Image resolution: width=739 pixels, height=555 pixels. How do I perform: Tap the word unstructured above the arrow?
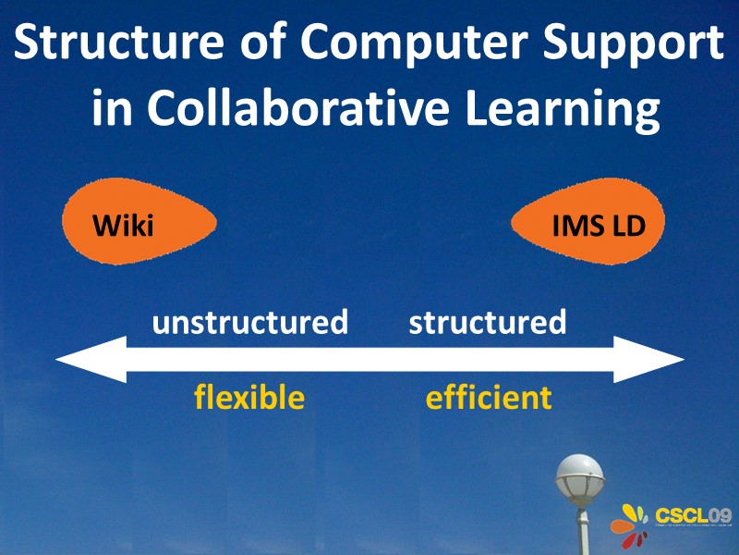coord(249,323)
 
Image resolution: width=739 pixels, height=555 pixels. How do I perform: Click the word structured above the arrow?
coord(487,323)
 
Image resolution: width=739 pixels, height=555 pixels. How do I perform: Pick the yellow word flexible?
coord(248,398)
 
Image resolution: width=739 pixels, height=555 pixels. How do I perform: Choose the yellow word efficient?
coord(488,398)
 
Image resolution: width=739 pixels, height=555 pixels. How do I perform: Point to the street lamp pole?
coord(581,532)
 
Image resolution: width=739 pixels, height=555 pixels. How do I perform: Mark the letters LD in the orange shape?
coord(625,225)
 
